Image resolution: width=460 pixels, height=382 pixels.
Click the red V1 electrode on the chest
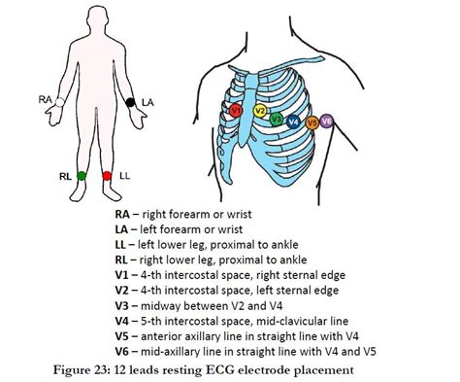tap(236, 112)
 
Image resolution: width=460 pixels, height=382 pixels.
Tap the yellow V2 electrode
tap(260, 111)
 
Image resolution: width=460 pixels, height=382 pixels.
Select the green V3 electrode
tap(278, 121)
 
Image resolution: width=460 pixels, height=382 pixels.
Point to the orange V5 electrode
tap(312, 123)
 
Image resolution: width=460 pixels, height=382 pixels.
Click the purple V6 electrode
tap(326, 121)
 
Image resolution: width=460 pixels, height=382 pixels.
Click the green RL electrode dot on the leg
tap(82, 176)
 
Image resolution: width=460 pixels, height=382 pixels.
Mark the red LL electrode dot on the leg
tap(107, 176)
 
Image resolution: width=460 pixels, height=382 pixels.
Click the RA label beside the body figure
tap(45, 99)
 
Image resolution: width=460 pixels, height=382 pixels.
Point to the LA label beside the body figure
tap(147, 101)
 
